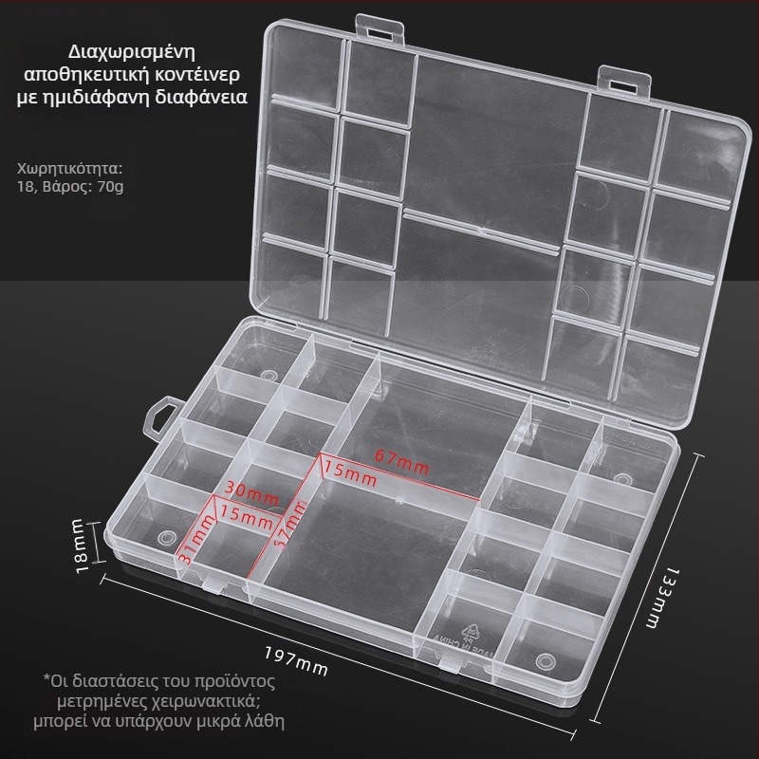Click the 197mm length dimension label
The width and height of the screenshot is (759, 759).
click(296, 660)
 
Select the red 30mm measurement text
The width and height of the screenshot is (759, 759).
click(251, 492)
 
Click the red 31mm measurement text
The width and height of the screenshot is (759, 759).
click(196, 539)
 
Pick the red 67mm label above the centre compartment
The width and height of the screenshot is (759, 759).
click(401, 461)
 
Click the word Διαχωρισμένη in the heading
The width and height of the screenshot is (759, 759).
click(132, 53)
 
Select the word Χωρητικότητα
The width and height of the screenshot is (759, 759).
click(70, 169)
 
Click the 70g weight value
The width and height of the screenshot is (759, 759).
click(110, 187)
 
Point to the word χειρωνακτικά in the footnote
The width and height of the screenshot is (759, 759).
click(205, 701)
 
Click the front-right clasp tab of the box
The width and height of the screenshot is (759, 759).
click(454, 663)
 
